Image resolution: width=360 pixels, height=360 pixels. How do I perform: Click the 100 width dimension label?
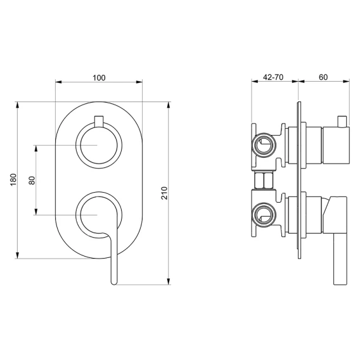[x=99, y=78]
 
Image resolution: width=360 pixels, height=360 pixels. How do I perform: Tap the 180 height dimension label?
[x=13, y=180]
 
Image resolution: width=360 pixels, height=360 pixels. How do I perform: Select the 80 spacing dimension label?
[x=32, y=180]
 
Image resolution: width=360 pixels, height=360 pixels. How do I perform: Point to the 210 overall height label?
[x=164, y=193]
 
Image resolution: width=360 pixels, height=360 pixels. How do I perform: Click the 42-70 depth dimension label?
[x=273, y=77]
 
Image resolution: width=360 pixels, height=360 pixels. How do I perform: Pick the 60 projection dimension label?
[x=323, y=77]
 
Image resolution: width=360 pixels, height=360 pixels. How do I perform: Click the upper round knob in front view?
[x=99, y=146]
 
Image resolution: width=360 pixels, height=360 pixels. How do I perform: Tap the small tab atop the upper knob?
[x=99, y=121]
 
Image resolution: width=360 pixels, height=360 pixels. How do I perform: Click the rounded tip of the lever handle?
[x=114, y=283]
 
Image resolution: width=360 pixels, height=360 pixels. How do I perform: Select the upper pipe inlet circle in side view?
[x=264, y=145]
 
